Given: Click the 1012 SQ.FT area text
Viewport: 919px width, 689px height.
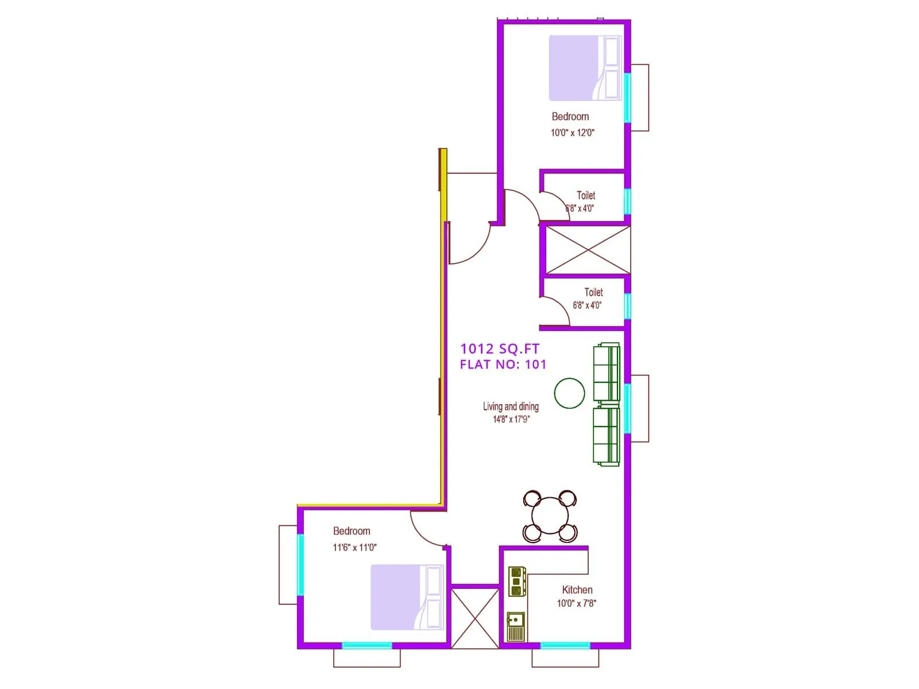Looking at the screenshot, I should click(x=500, y=349).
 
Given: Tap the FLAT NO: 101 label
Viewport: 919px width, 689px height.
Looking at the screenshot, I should click(x=503, y=364).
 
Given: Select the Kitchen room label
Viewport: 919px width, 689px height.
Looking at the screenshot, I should click(x=577, y=590).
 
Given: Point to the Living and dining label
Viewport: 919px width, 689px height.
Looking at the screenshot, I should click(x=511, y=407).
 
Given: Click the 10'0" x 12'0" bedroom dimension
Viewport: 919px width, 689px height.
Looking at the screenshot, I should click(x=572, y=133).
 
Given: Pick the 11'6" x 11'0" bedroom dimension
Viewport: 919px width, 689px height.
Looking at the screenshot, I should click(x=354, y=547).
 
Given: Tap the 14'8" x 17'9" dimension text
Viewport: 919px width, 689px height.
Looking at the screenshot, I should click(x=511, y=419).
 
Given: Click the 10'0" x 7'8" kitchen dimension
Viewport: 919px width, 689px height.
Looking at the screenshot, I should click(x=576, y=603).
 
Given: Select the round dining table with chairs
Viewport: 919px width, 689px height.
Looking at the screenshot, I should click(x=550, y=516).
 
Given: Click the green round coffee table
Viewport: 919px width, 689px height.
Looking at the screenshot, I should click(x=569, y=393).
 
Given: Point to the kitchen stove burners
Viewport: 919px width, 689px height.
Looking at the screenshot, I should click(x=517, y=581).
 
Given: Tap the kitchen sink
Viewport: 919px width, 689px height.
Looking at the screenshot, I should click(x=516, y=626).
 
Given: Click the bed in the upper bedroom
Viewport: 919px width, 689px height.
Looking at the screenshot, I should click(x=585, y=68).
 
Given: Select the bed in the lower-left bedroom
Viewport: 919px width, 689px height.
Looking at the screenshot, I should click(x=407, y=597).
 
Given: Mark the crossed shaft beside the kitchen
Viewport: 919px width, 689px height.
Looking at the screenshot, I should click(x=475, y=618).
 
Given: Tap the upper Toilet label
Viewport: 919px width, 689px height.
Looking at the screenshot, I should click(x=586, y=195).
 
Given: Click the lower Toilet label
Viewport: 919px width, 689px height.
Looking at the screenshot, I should click(x=593, y=292).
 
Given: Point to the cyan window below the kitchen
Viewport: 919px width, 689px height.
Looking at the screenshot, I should click(x=565, y=645).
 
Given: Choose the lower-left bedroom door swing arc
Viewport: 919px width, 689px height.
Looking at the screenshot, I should click(x=425, y=531).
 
